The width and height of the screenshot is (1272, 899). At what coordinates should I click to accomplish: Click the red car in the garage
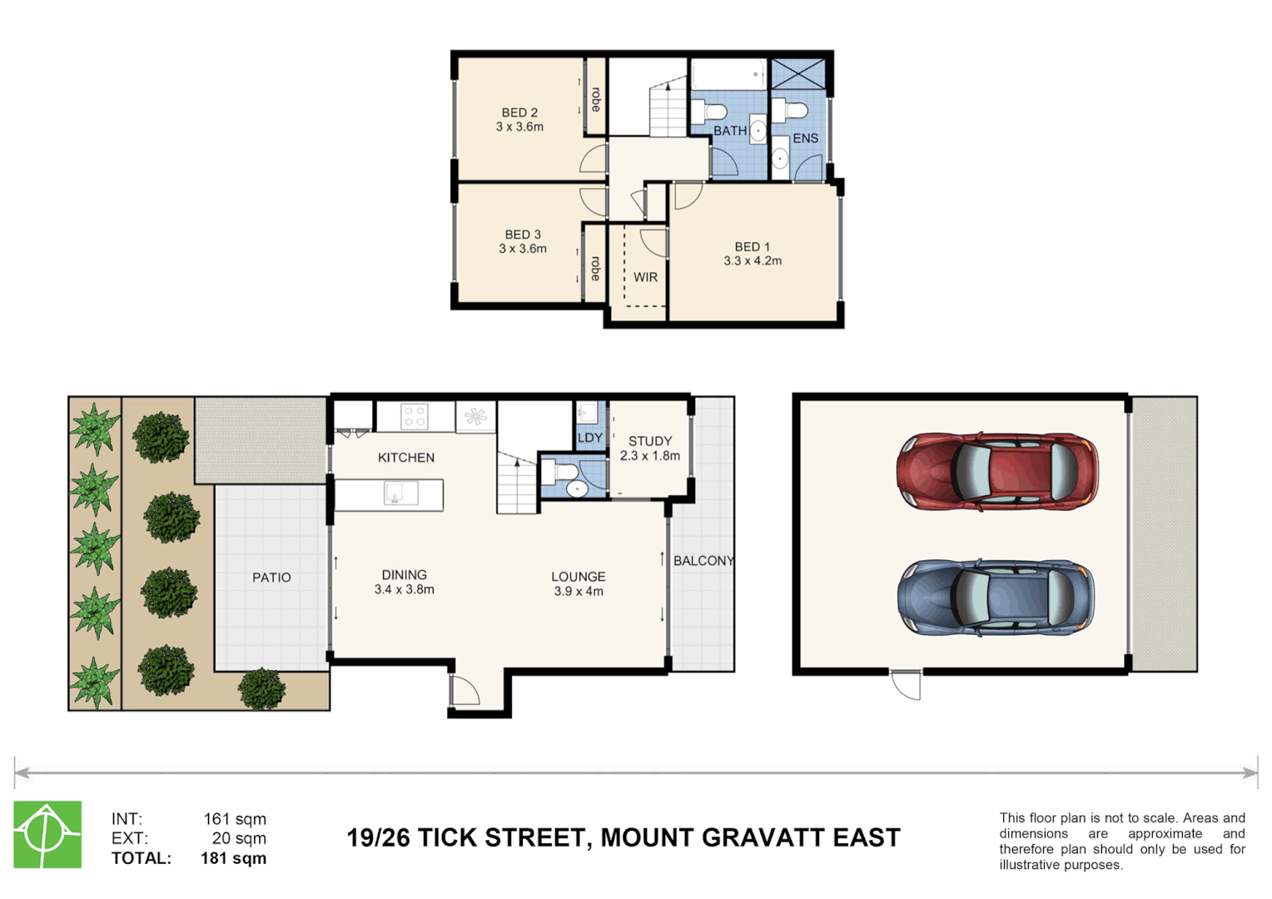pos(996,470)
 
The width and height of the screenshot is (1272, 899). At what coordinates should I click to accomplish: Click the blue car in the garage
pos(996,598)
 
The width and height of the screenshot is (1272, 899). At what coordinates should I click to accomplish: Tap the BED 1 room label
pos(752,246)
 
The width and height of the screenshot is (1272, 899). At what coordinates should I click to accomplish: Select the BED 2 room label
pos(519,112)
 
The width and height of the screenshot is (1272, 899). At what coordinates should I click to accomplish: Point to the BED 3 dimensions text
pos(523,249)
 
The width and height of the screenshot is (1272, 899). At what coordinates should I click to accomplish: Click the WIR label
pos(645,277)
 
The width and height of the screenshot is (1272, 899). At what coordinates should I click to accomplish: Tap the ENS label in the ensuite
pos(805,138)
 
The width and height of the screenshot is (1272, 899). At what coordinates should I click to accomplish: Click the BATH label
pos(730,131)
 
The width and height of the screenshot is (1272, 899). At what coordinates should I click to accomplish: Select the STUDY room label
pos(650,441)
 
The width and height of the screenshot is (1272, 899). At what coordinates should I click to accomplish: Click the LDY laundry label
pos(589,438)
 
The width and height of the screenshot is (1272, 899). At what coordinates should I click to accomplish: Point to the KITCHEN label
pos(406,458)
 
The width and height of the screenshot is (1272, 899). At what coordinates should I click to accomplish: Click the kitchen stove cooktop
pos(415,416)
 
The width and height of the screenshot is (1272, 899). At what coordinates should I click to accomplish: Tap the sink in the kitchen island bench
pos(400,494)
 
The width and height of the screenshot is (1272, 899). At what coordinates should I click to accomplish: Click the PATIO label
pos(271,578)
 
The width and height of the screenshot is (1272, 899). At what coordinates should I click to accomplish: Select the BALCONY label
pos(703,561)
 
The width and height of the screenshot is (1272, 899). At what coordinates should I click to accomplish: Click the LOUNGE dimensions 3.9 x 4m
pos(579,592)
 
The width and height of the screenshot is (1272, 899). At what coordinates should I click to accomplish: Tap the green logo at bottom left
pos(47,834)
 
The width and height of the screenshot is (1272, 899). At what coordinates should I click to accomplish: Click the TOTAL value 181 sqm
pos(233,858)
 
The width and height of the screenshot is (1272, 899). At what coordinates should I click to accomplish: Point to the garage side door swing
pos(907,684)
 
